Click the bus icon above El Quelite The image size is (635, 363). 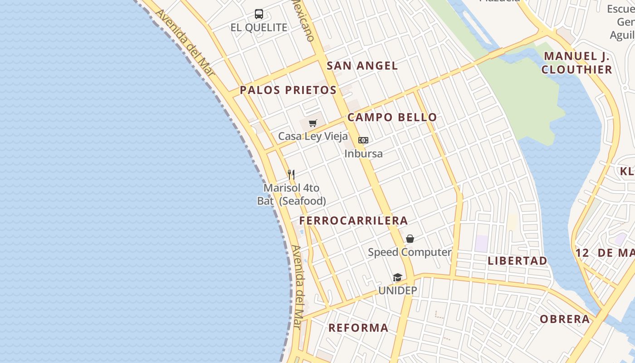click(259, 14)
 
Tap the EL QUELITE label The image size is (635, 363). click(259, 28)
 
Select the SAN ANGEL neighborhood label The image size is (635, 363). click(362, 66)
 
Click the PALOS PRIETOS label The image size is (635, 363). click(288, 90)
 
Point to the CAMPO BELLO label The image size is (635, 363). click(392, 118)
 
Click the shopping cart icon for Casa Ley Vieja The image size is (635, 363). click(313, 123)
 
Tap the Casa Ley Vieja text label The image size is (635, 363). click(313, 136)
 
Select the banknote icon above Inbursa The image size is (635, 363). click(363, 140)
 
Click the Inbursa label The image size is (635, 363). click(363, 153)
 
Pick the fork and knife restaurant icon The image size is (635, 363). click(291, 174)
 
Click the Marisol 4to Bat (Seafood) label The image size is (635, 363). click(292, 194)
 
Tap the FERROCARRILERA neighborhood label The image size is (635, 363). click(353, 221)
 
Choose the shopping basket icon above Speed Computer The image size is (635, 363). click(410, 239)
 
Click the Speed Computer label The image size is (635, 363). click(410, 252)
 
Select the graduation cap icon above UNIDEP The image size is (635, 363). click(397, 277)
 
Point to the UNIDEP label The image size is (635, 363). click(397, 290)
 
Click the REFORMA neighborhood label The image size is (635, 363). click(358, 328)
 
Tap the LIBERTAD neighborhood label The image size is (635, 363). click(518, 261)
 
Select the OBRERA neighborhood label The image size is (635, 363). click(565, 319)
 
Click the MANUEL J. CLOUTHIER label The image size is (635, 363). click(577, 63)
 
